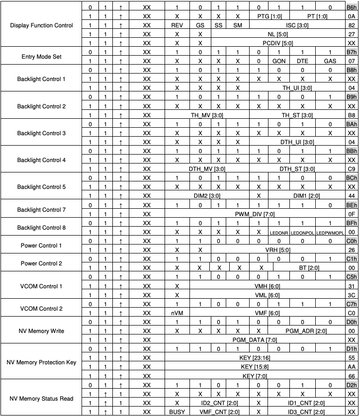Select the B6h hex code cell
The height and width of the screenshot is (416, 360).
(352, 7)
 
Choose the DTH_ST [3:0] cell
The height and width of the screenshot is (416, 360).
(297, 168)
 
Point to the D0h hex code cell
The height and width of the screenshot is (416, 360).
(352, 321)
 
